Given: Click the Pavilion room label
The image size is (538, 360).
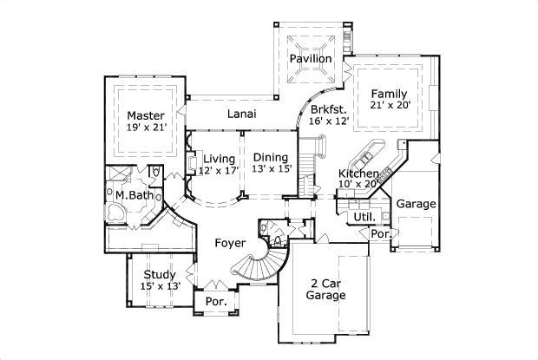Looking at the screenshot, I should pyautogui.click(x=311, y=58).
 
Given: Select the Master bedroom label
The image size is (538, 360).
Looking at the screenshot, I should pyautogui.click(x=146, y=115).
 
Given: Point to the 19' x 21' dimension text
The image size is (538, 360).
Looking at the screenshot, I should pyautogui.click(x=146, y=128).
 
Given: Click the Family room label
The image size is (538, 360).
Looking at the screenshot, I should pyautogui.click(x=389, y=93).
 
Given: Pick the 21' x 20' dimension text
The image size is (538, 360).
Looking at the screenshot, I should pyautogui.click(x=390, y=105).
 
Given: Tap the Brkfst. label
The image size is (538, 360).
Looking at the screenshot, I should pyautogui.click(x=329, y=109).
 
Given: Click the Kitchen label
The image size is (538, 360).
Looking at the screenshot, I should pyautogui.click(x=358, y=174).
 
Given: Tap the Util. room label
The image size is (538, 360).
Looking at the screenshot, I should pyautogui.click(x=363, y=215).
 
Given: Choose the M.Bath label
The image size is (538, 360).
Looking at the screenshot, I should pyautogui.click(x=134, y=195).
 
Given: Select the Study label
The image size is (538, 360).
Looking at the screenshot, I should pyautogui.click(x=160, y=274).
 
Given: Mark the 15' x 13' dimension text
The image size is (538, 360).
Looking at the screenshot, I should pyautogui.click(x=160, y=286).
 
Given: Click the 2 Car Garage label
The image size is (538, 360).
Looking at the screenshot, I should pyautogui.click(x=325, y=289).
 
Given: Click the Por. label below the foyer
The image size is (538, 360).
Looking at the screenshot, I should pyautogui.click(x=215, y=301).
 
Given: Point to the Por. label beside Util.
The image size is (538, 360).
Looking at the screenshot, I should pyautogui.click(x=379, y=234).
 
